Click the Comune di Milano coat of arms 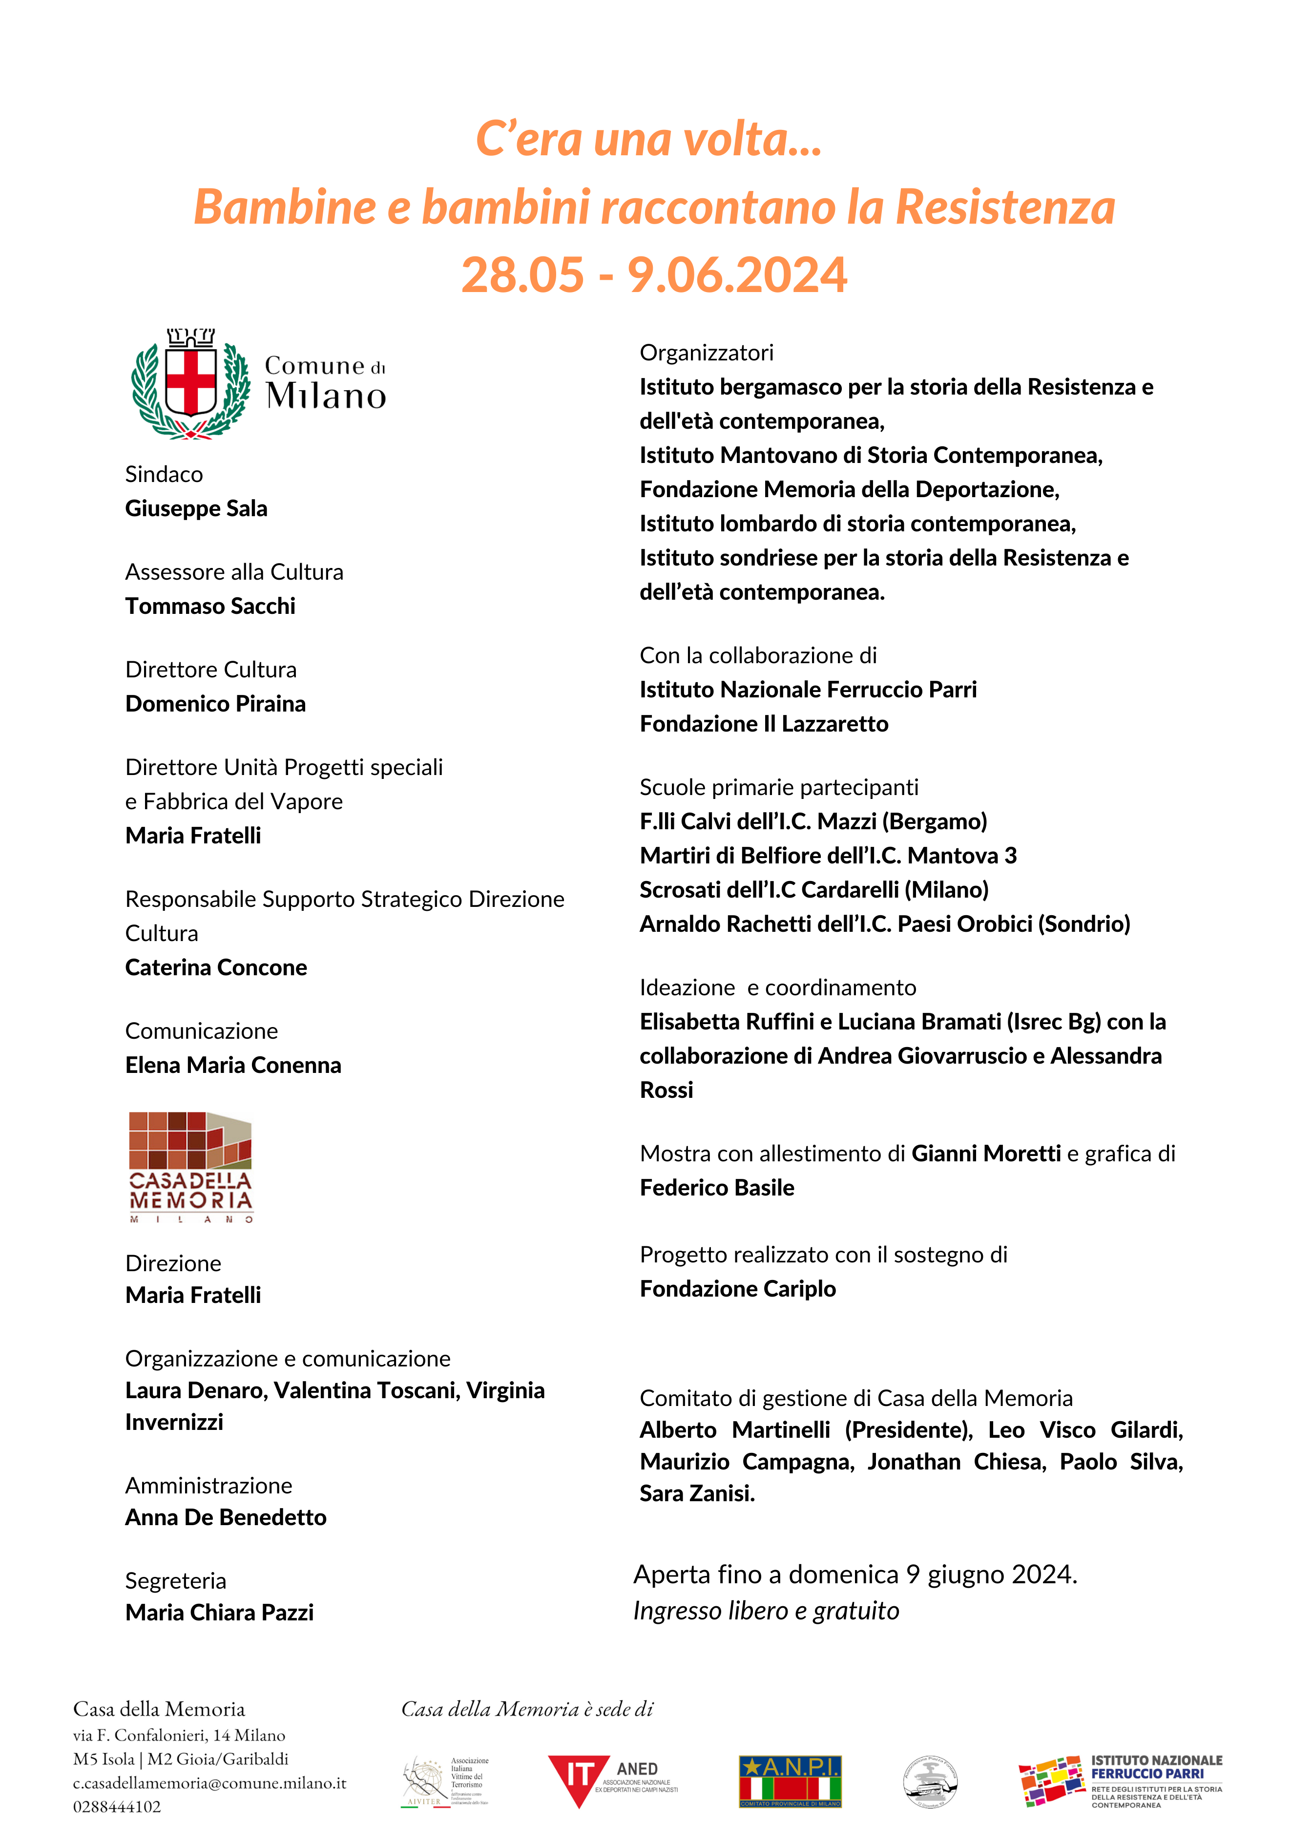190,383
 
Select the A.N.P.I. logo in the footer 790,1781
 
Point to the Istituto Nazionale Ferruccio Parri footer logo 1120,1781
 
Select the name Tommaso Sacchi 210,606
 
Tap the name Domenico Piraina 215,704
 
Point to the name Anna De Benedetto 226,1518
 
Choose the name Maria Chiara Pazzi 220,1613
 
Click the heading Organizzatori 706,353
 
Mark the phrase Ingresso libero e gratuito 766,1611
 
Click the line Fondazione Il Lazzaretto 764,724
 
